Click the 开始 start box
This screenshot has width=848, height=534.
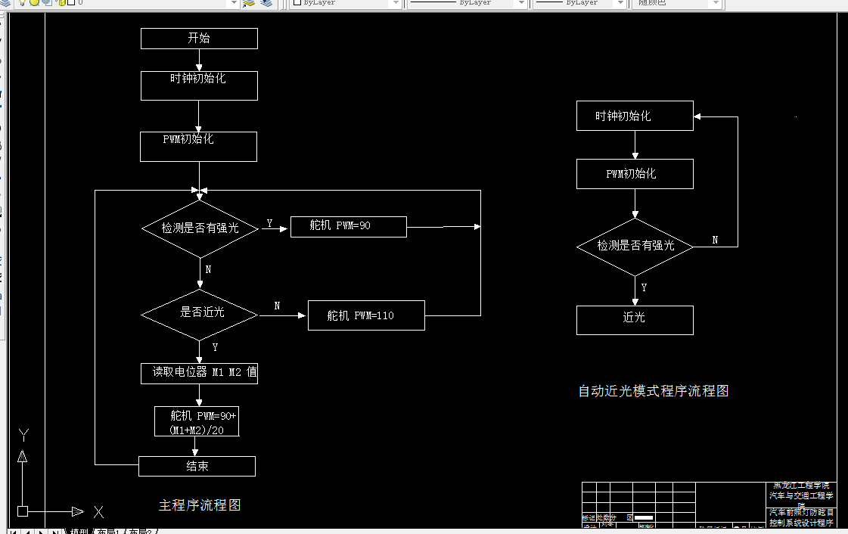(199, 39)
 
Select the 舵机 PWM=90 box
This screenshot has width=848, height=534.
(348, 226)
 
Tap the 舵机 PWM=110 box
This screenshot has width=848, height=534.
(366, 315)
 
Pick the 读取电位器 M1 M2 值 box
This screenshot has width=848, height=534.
(199, 373)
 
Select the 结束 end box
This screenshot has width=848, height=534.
(197, 466)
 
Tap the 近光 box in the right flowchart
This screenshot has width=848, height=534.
(635, 319)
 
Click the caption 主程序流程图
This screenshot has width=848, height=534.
(200, 505)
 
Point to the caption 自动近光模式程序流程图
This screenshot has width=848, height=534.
(653, 391)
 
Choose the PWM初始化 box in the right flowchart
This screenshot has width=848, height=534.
(635, 174)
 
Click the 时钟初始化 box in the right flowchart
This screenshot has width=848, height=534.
(635, 116)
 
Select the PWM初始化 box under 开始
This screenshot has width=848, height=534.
(198, 146)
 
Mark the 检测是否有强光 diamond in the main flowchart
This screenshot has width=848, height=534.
(200, 228)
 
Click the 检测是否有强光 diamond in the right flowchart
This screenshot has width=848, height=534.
(635, 247)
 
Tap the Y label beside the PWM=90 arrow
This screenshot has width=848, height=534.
(269, 224)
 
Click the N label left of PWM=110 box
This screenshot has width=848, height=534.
(277, 306)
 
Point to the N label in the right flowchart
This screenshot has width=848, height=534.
(715, 240)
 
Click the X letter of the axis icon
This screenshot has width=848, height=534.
(98, 512)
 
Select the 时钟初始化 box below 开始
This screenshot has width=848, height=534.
(199, 85)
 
